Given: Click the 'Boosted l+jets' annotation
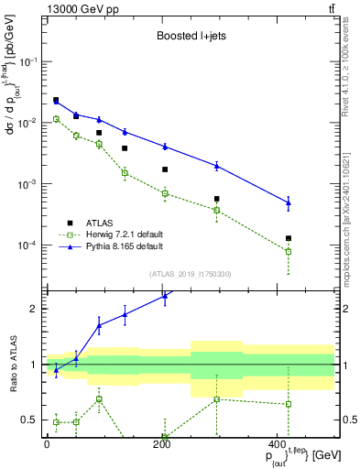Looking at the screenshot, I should (x=188, y=38).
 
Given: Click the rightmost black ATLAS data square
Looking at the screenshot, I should (x=289, y=238).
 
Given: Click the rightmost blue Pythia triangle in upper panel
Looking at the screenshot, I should (x=289, y=202).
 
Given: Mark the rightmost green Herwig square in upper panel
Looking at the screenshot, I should (x=289, y=251).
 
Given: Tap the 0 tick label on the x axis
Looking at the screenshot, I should (x=47, y=444).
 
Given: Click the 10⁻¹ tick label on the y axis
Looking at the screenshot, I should (x=28, y=61).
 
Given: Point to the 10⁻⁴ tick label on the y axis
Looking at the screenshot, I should (x=28, y=245).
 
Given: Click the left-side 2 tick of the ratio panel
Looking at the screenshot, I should (x=35, y=309).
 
